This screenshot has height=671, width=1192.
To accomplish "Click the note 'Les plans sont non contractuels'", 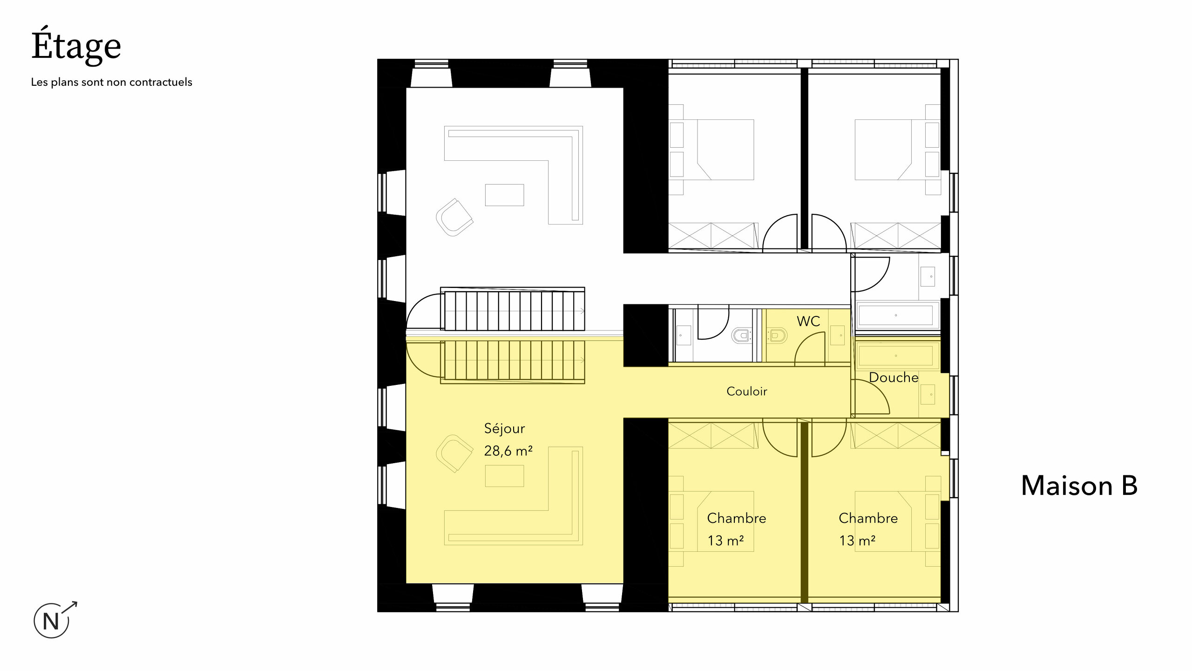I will (x=111, y=82).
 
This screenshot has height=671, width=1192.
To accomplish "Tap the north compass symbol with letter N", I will (x=52, y=621).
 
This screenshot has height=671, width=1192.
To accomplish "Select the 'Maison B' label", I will (x=1079, y=486).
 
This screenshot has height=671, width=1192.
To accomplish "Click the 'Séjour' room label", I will (x=504, y=428).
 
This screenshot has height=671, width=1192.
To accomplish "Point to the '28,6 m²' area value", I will (x=508, y=451).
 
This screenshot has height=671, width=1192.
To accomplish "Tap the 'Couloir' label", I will (x=746, y=391).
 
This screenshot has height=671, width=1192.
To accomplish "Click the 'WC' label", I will (x=808, y=321).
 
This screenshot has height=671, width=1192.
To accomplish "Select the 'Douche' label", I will (x=894, y=377).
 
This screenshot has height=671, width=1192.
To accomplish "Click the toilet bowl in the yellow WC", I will (x=777, y=335).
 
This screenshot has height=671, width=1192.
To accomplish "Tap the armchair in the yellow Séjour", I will (x=454, y=453).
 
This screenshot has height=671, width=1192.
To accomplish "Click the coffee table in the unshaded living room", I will (x=504, y=195).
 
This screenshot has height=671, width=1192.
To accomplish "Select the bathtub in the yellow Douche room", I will (x=895, y=356).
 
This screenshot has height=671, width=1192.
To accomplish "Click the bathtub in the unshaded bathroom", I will (x=895, y=315).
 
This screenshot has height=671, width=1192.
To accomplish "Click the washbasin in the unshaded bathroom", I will (x=928, y=276).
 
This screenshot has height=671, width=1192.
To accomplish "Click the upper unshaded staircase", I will (x=513, y=309).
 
